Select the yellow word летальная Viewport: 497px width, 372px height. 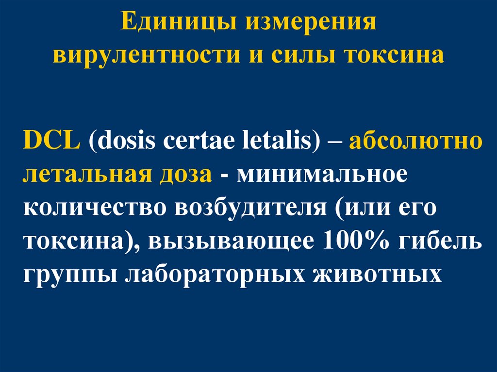(x=85, y=175)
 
